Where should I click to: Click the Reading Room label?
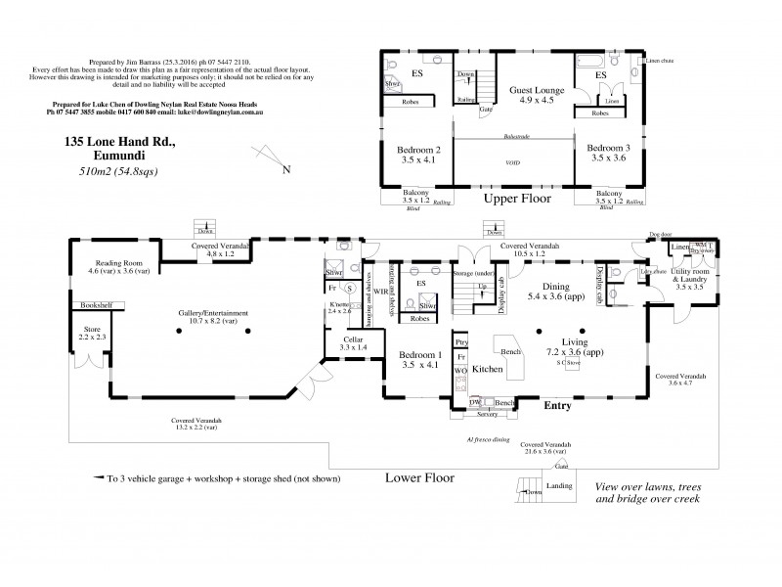click(x=119, y=263)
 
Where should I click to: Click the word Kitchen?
click(x=488, y=371)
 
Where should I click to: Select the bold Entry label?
click(x=558, y=404)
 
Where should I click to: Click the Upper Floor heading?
click(x=518, y=199)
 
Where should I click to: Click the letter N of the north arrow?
click(x=285, y=170)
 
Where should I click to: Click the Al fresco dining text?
click(x=489, y=439)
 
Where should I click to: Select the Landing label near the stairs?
click(x=560, y=486)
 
